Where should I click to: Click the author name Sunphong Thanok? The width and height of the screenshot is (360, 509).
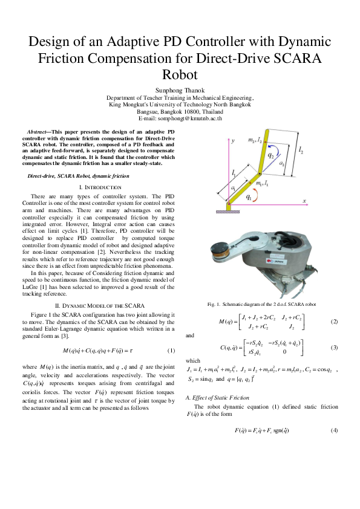(x=180, y=90)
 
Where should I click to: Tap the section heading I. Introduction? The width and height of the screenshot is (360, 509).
(x=97, y=188)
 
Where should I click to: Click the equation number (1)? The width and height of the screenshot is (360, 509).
(x=171, y=351)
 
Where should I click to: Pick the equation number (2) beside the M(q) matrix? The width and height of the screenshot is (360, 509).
(x=334, y=321)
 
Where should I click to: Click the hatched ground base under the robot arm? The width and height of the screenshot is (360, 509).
(x=228, y=209)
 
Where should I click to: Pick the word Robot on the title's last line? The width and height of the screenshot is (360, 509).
(x=180, y=75)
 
